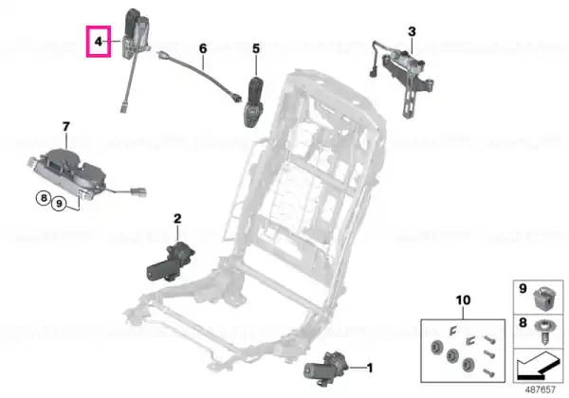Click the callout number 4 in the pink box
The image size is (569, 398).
98,42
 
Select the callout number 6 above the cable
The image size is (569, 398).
203,48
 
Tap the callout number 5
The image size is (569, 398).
256,48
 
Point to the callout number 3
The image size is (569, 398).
412,31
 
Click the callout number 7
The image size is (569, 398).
65,127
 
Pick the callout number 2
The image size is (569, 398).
177,219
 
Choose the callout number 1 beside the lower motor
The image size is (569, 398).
370,369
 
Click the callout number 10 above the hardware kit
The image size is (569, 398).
463,300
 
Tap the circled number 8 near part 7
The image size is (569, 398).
44,198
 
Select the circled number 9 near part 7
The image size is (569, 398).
59,204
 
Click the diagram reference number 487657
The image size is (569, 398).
541,389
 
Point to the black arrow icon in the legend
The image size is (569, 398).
538,368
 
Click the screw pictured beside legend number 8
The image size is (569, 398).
543,332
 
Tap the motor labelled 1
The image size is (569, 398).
326,369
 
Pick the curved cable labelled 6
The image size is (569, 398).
199,77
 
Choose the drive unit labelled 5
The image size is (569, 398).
255,101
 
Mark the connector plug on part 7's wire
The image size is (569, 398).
139,191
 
